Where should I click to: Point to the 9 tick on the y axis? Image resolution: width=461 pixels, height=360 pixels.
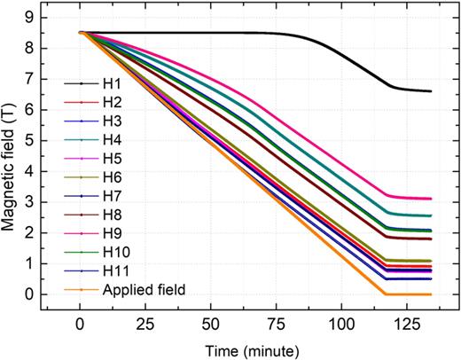click(x=30, y=17)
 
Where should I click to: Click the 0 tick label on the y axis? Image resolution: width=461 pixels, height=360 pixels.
click(x=30, y=294)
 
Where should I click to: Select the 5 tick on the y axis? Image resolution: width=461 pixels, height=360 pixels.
click(x=30, y=140)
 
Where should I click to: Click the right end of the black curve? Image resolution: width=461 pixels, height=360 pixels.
click(x=430, y=91)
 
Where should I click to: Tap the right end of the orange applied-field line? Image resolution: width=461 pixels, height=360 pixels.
click(x=430, y=294)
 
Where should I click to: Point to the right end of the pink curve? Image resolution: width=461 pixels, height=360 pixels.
click(x=430, y=199)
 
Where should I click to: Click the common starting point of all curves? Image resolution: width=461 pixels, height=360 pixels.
click(x=80, y=33)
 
